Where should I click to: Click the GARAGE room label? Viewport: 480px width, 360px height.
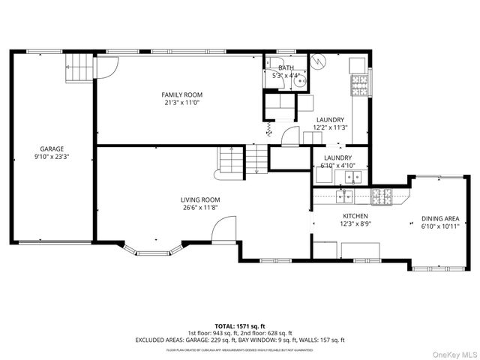pos(52,148)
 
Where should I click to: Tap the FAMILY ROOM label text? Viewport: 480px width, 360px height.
pos(182,94)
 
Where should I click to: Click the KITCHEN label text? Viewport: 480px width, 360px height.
pos(334,215)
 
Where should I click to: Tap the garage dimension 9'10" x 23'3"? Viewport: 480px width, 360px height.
pos(52,157)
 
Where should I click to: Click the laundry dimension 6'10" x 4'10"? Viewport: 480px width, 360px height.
pos(337,166)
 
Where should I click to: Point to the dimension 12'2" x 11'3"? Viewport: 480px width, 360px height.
pos(330,128)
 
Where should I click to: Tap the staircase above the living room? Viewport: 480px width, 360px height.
pos(241,160)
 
